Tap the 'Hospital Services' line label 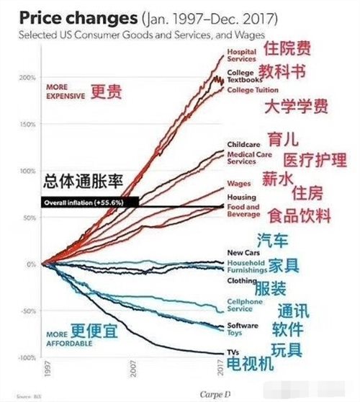pos(242,55)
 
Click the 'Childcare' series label pos(242,144)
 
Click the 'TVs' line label pos(233,352)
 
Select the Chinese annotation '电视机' pos(250,365)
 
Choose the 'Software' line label pos(241,326)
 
